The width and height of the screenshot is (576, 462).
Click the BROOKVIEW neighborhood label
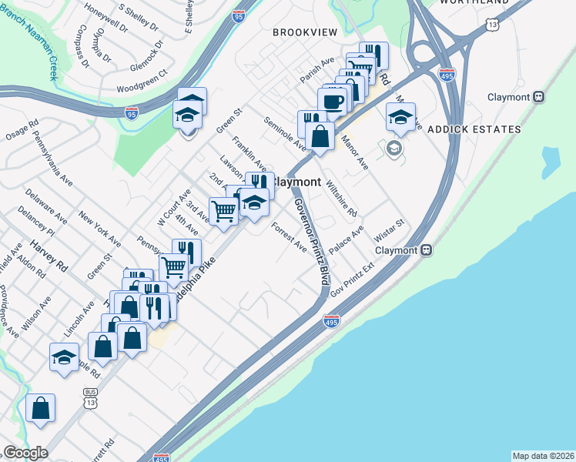click(x=305, y=32)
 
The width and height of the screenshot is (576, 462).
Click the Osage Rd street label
click(x=22, y=130)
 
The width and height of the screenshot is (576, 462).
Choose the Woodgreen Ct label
click(x=142, y=84)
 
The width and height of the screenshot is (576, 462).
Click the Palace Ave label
click(x=346, y=240)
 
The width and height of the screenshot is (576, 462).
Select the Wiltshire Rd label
click(x=341, y=198)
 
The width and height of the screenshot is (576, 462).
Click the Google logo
click(x=25, y=453)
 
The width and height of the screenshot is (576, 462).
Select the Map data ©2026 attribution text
click(x=542, y=456)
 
